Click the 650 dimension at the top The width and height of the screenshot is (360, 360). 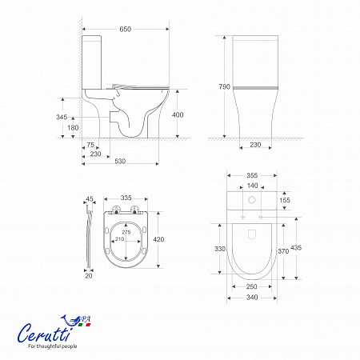[126, 29]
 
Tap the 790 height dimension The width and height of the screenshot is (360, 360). [224, 86]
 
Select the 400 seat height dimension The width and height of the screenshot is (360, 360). [178, 115]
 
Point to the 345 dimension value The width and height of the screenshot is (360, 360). [62, 117]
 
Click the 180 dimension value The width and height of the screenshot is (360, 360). [73, 128]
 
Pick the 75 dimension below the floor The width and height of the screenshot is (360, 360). [90, 145]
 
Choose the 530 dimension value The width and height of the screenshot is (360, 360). [120, 161]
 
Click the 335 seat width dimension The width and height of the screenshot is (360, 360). [126, 198]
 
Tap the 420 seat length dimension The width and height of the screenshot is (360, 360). [158, 239]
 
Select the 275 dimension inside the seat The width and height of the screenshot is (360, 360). [126, 232]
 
